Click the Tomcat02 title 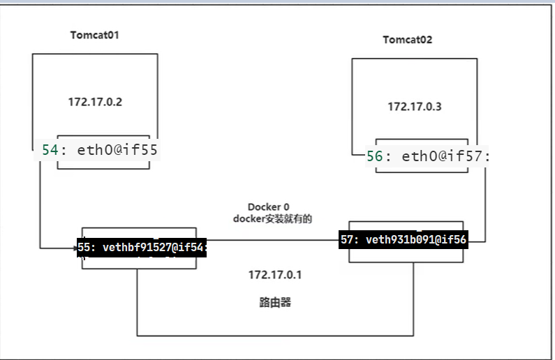[407, 39]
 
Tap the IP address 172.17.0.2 [96, 102]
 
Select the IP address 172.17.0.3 [415, 107]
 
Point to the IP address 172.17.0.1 [274, 275]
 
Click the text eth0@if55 [111, 150]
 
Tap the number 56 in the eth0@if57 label [374, 156]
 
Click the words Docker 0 [268, 207]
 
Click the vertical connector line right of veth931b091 [484, 202]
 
